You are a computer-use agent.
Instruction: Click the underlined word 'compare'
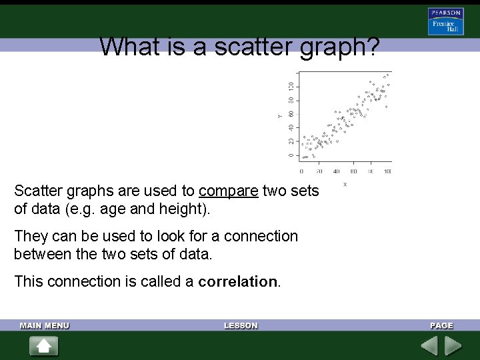228,191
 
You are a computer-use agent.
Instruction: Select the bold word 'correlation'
237,281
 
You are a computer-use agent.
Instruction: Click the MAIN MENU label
45,325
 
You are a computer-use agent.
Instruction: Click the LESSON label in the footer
241,325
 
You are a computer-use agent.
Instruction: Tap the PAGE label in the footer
441,325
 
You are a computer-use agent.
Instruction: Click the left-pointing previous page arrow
429,346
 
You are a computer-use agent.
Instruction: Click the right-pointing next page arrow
453,346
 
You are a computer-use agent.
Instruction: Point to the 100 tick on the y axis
291,87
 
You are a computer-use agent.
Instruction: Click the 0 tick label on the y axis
291,155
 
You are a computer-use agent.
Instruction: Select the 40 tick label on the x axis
336,171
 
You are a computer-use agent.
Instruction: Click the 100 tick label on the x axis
388,171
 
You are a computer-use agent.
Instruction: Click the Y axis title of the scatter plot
280,116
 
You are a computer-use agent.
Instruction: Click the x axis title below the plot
345,184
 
